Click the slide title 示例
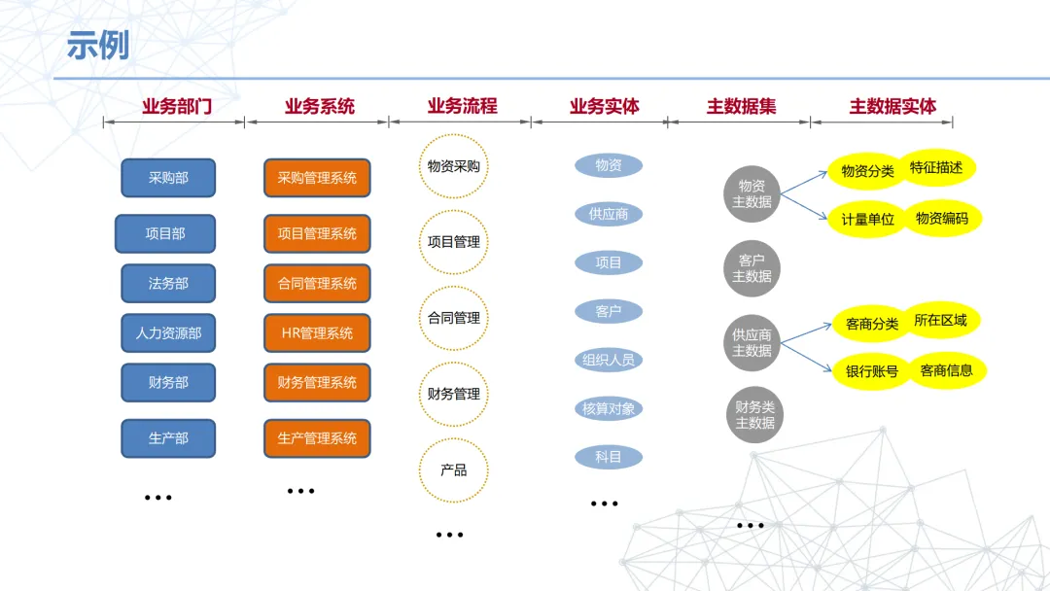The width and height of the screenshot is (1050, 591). tap(97, 45)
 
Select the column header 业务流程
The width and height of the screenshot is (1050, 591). tap(462, 106)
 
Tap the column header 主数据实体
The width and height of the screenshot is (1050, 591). tap(892, 106)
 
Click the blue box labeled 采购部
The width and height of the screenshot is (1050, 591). tap(168, 178)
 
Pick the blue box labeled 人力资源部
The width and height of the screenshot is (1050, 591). tap(168, 332)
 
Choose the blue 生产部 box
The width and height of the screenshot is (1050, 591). tap(168, 438)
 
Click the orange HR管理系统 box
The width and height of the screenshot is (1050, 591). tap(317, 332)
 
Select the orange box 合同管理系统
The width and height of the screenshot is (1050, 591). tap(317, 283)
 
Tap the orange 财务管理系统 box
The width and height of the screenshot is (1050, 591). tap(317, 382)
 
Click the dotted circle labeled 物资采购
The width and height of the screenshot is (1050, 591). tap(453, 166)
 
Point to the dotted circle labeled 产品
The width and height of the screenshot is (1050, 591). tap(453, 469)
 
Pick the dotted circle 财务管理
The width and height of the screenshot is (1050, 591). tap(453, 394)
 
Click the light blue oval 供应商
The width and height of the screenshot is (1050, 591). tap(609, 214)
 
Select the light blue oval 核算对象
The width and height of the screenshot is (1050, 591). tap(609, 408)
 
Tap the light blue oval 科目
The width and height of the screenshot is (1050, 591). tap(609, 456)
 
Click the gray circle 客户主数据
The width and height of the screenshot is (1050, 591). tap(752, 268)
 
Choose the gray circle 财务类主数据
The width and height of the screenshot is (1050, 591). tap(754, 415)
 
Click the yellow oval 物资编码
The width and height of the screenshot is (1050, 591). tap(942, 219)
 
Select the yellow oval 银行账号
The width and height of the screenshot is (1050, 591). tap(871, 371)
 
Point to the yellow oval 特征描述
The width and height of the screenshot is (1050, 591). tap(936, 167)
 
